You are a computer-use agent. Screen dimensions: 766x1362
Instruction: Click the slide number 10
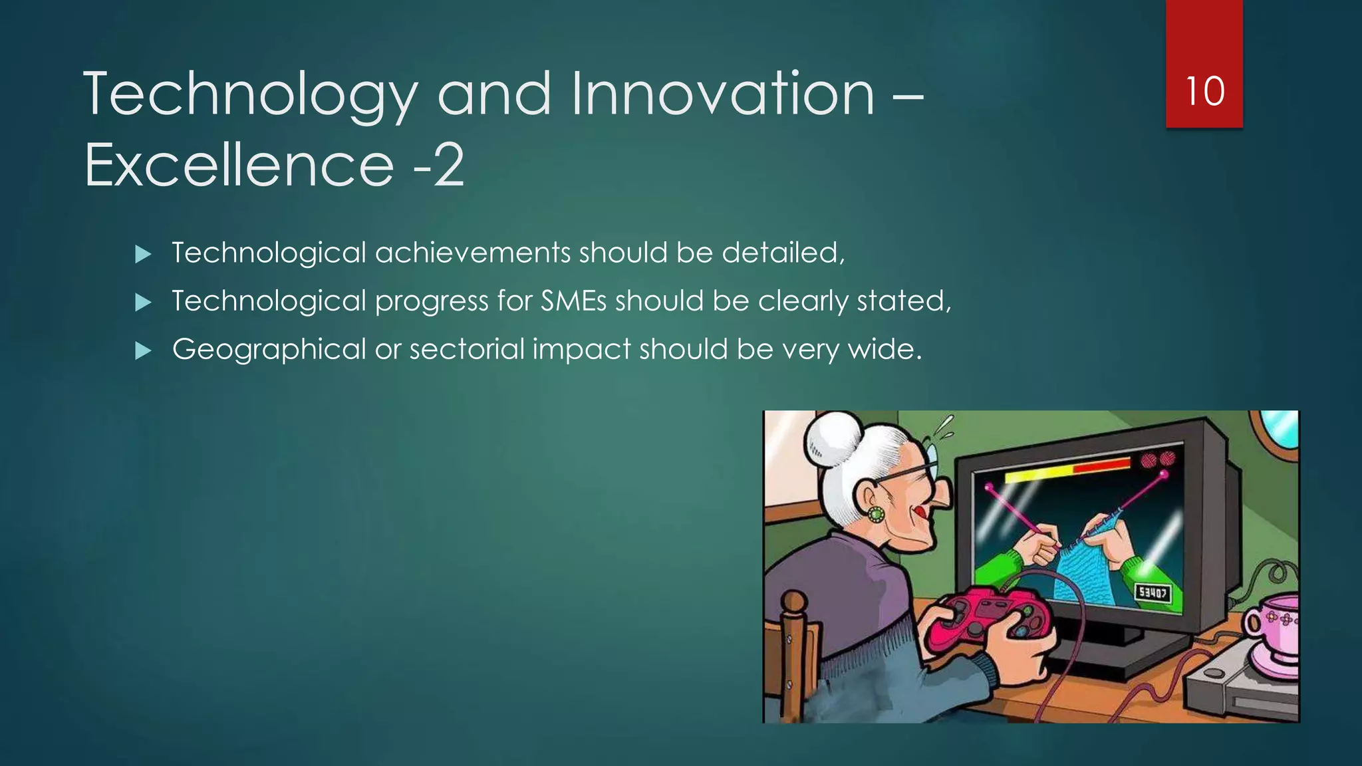pyautogui.click(x=1204, y=91)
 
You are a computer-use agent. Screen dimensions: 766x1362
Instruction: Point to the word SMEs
pyautogui.click(x=573, y=301)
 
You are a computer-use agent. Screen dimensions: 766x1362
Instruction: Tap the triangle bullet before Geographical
pyautogui.click(x=143, y=350)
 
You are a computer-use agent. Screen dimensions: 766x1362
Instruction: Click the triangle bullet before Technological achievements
pyautogui.click(x=143, y=253)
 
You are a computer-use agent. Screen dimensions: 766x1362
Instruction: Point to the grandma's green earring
pyautogui.click(x=876, y=513)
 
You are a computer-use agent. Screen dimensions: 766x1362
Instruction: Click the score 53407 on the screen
pyautogui.click(x=1153, y=592)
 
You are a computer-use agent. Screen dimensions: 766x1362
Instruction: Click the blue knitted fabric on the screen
pyautogui.click(x=1091, y=569)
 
